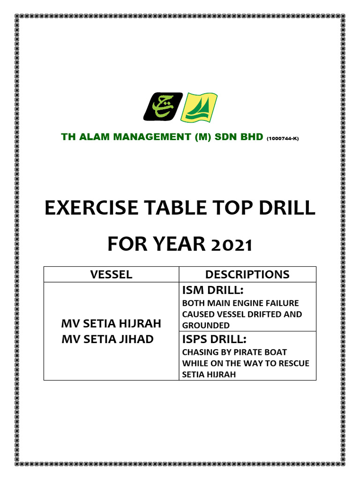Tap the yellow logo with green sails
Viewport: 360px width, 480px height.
pos(199,106)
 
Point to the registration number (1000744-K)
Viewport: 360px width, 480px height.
pos(282,139)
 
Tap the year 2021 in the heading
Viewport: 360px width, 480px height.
pos(230,245)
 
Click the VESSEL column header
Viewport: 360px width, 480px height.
pos(111,275)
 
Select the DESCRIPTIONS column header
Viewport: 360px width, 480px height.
pos(247,275)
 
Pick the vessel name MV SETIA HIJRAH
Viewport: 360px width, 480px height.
pos(112,323)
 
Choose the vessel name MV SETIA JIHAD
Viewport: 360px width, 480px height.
pos(108,338)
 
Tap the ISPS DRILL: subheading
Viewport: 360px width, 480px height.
pos(214,339)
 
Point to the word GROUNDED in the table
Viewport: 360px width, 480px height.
pos(206,325)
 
